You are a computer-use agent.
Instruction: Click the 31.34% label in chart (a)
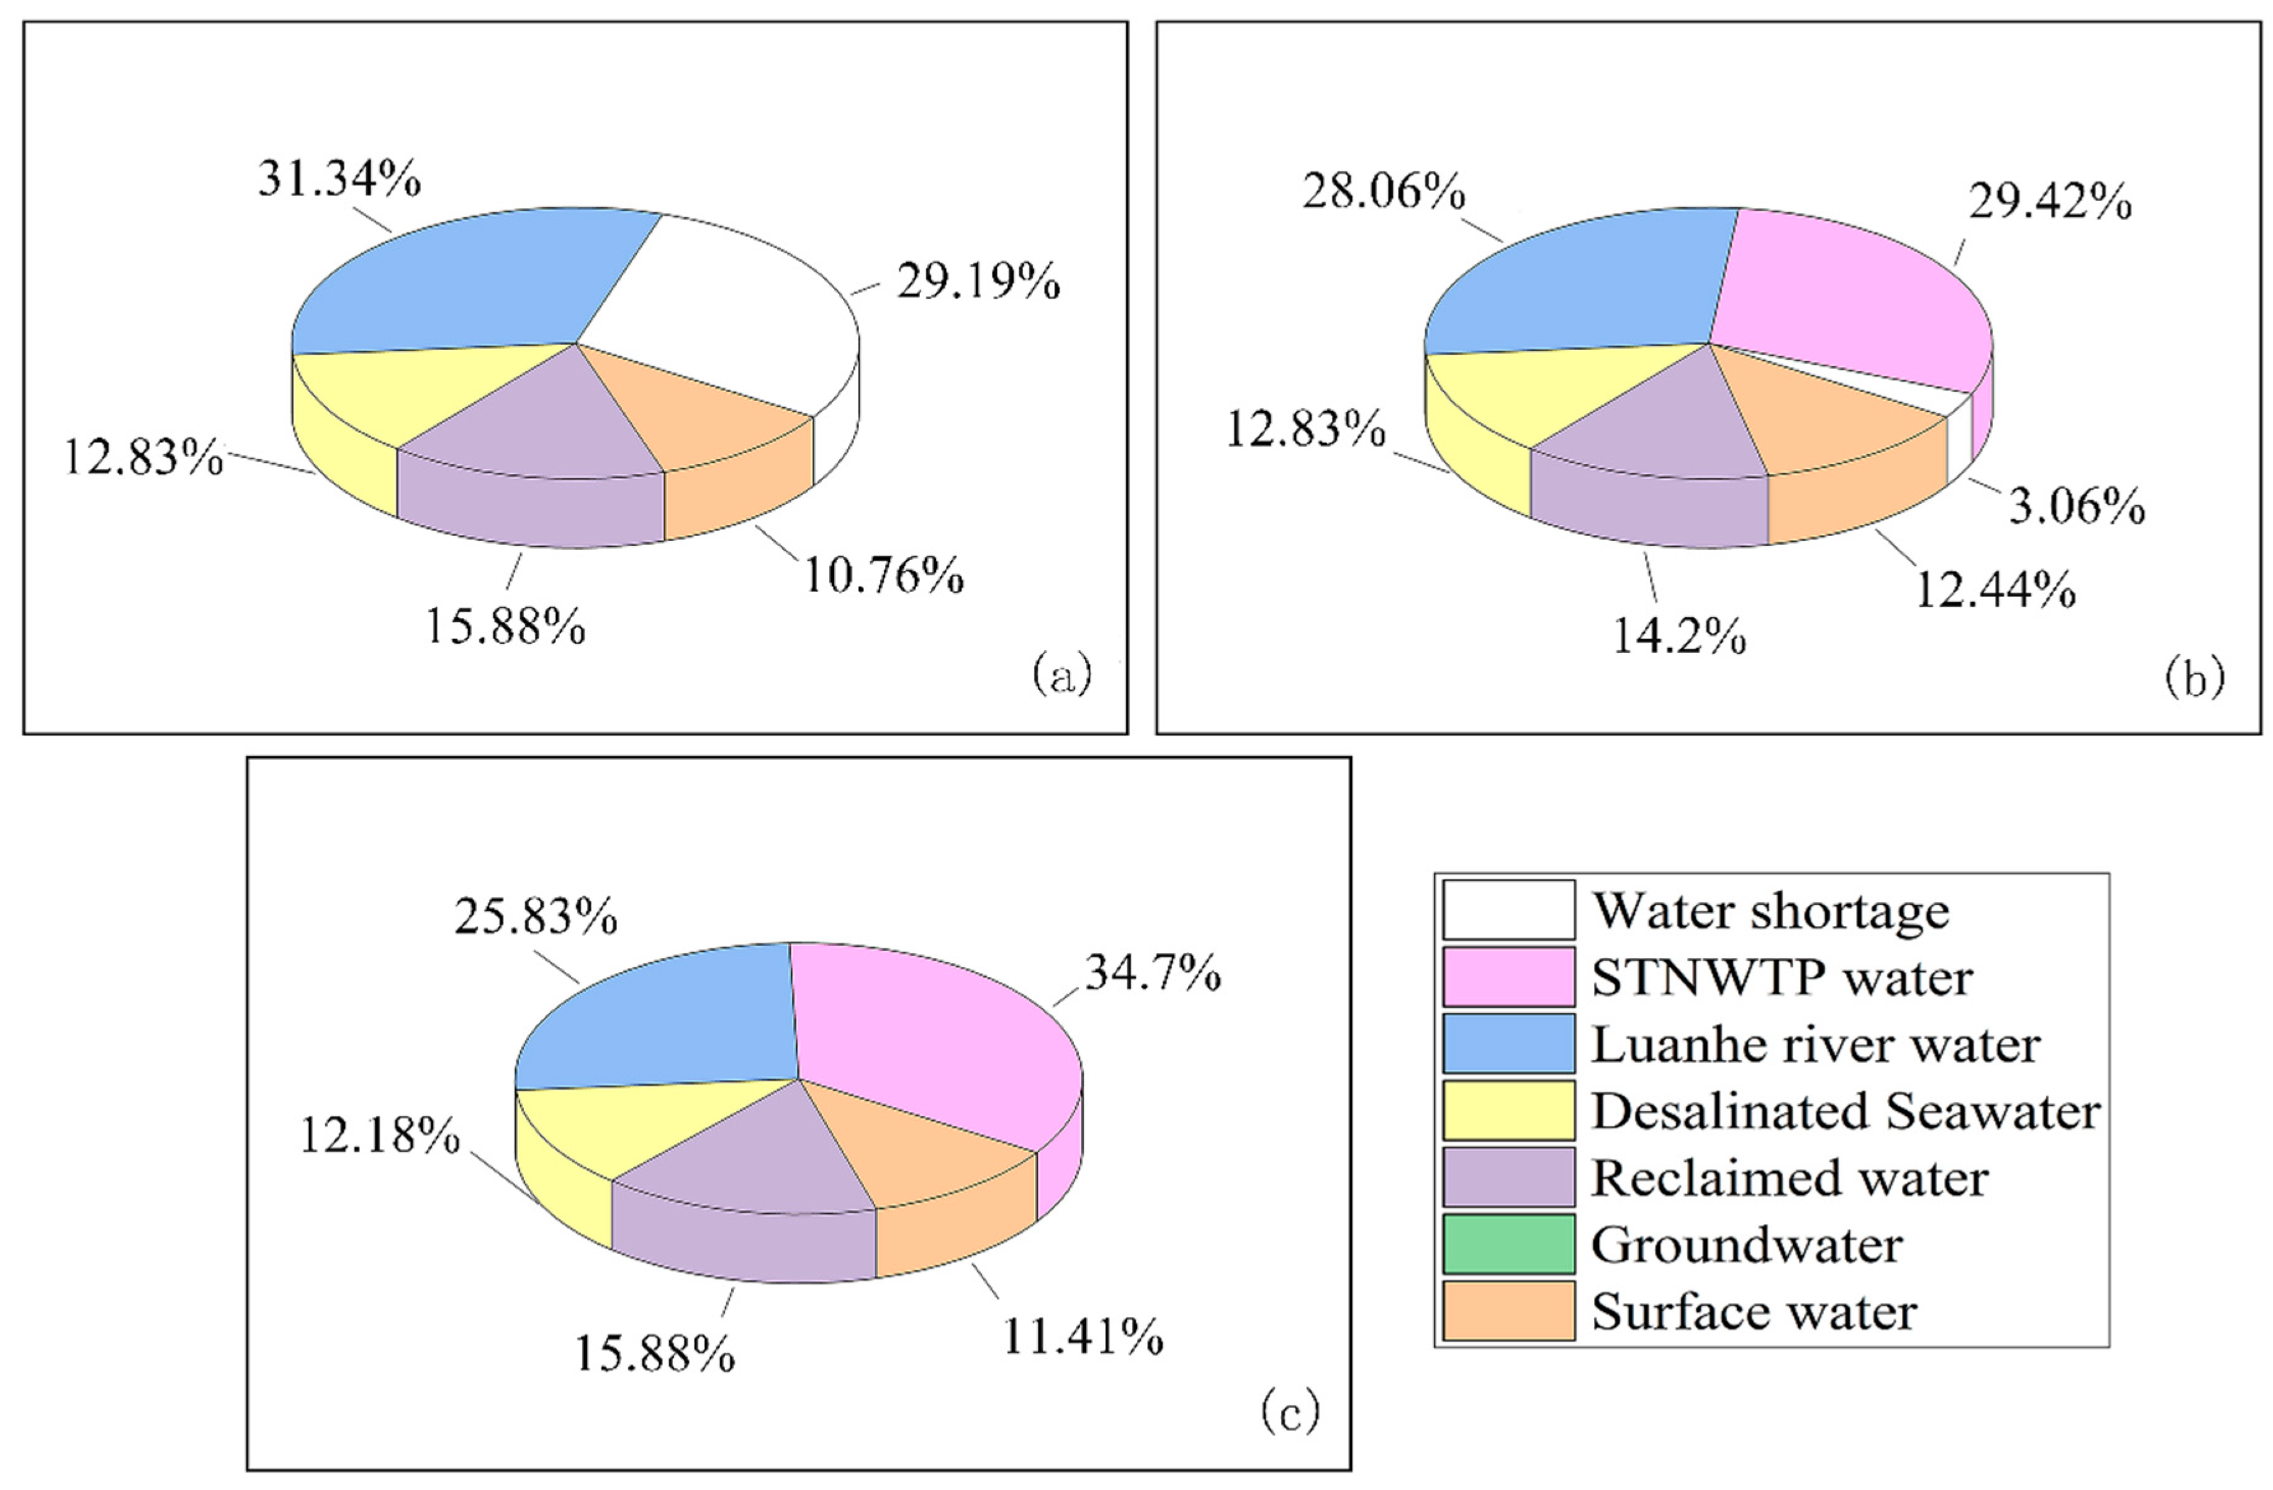tap(339, 179)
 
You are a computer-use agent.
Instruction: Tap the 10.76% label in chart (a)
tap(883, 575)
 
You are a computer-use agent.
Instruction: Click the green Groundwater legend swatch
tap(1508, 1244)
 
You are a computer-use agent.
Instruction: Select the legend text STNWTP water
tap(1781, 977)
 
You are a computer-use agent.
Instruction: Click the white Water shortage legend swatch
tap(1508, 909)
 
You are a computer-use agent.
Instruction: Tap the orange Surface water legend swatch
tap(1508, 1311)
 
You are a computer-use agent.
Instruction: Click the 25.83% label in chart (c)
tap(536, 917)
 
